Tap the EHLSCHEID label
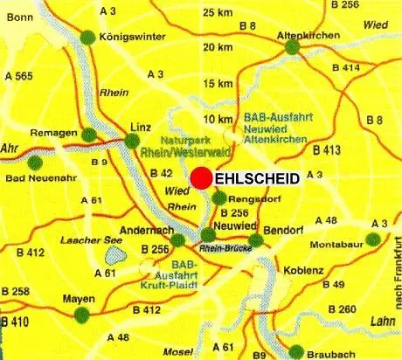pyautogui.click(x=257, y=178)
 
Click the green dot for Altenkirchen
pyautogui.click(x=292, y=46)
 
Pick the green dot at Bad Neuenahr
pyautogui.click(x=35, y=162)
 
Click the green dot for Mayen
pyautogui.click(x=83, y=315)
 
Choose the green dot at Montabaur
pyautogui.click(x=373, y=239)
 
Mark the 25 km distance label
pyautogui.click(x=218, y=12)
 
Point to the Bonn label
pyautogui.click(x=20, y=17)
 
